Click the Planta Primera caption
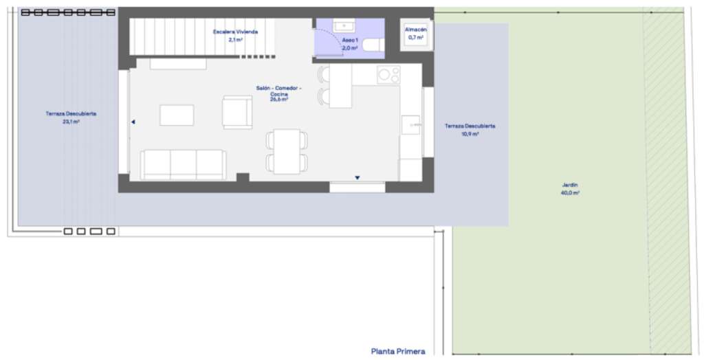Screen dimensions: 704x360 398,352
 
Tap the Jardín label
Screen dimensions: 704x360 570,185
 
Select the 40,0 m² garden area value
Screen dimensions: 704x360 570,193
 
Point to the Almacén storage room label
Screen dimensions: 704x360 416,30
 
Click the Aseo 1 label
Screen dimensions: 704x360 350,40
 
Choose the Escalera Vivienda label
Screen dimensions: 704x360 235,32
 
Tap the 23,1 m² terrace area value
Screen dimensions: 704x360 71,122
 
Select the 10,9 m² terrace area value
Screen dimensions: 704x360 470,134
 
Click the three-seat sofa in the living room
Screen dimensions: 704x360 183,165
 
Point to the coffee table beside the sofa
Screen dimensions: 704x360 177,115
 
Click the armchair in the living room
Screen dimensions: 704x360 237,112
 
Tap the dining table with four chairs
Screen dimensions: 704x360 287,152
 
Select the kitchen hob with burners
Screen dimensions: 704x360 388,74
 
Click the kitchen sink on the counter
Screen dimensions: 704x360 410,125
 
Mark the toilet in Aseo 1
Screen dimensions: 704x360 373,45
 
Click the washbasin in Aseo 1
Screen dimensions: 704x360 344,25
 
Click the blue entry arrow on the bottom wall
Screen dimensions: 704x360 357,178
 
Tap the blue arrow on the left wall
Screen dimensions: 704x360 133,122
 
